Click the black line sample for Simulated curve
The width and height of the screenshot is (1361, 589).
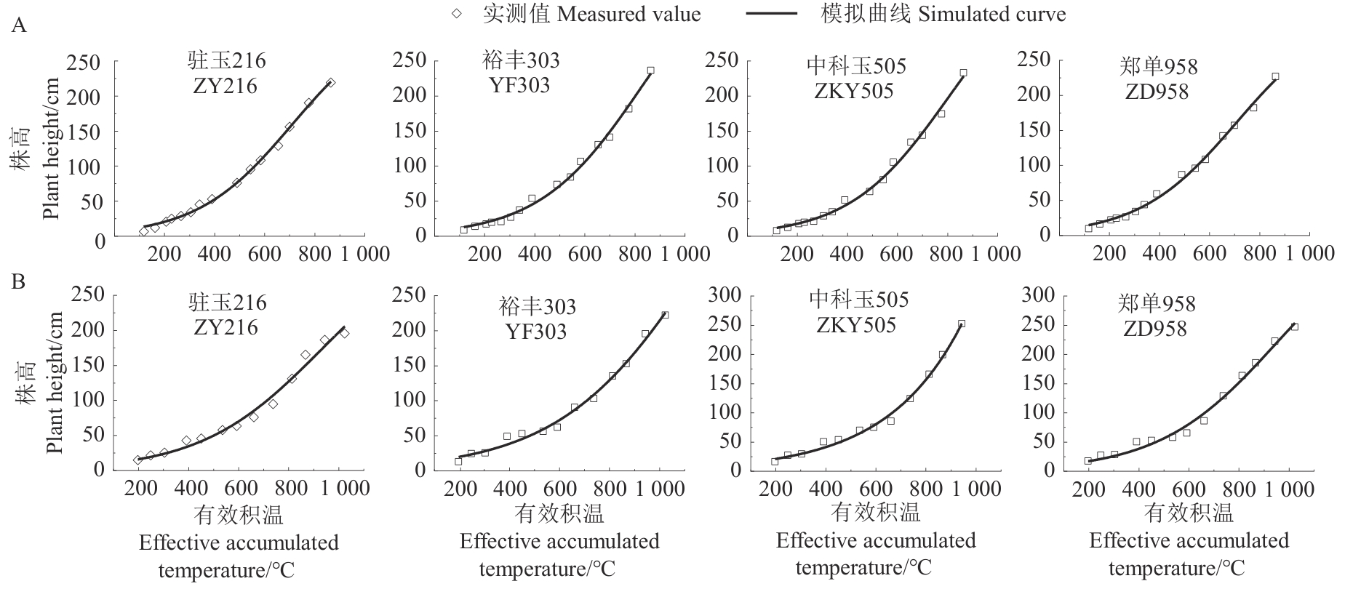[773, 15]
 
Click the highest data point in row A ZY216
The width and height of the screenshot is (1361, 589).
[331, 83]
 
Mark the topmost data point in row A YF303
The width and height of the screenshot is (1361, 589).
[650, 71]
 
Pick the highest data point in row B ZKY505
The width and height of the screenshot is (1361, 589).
[962, 324]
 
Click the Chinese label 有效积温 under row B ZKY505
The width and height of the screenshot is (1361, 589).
[875, 513]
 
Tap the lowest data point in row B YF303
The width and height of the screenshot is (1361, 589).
[458, 461]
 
